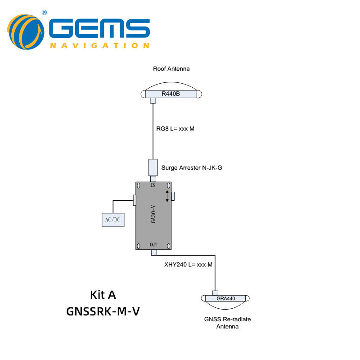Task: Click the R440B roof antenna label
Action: pos(171,94)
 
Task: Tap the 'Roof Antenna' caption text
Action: pos(171,69)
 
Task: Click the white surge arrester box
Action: pos(153,167)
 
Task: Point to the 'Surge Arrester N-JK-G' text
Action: pos(192,168)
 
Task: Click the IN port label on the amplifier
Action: pos(153,185)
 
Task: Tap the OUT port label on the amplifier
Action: pos(153,245)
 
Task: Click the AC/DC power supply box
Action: pos(113,220)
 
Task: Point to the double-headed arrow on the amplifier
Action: pos(167,196)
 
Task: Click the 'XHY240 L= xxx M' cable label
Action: pos(189,265)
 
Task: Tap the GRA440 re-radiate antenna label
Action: pos(226,298)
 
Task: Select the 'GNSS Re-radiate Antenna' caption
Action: pos(227,323)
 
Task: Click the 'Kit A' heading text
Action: pos(103,295)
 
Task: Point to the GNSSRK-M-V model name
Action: pos(103,311)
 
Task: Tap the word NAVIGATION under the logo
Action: pos(99,45)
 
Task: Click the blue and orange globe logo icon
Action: pos(26,32)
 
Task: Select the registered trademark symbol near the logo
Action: pos(44,13)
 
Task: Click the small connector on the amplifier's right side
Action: pos(173,196)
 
